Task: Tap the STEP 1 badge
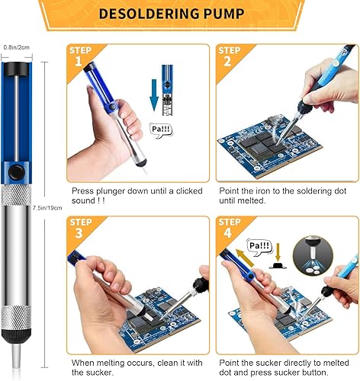pos(82,57)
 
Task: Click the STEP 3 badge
pos(82,229)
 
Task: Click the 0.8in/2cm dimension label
pos(16,46)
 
